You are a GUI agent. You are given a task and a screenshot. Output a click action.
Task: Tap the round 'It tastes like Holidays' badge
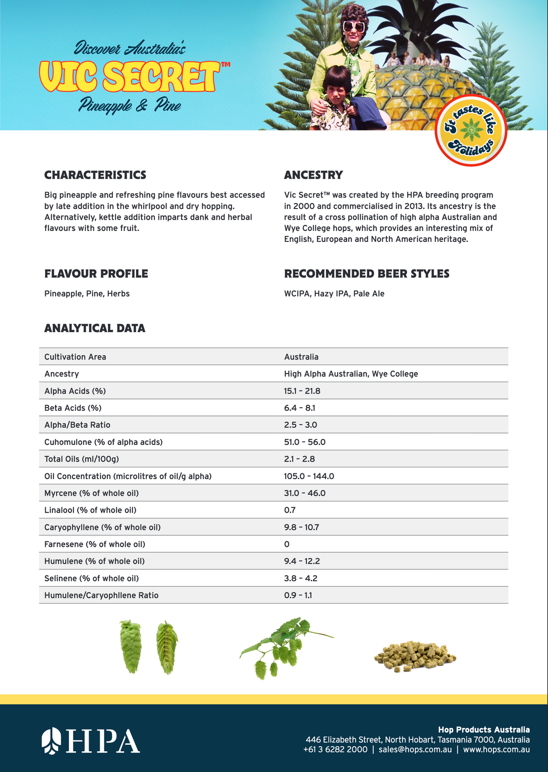pyautogui.click(x=470, y=130)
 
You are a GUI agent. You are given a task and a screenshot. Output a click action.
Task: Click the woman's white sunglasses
pyautogui.click(x=354, y=27)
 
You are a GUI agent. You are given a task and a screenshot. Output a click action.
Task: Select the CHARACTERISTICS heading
pyautogui.click(x=95, y=175)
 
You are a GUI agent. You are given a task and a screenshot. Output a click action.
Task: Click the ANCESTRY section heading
pyautogui.click(x=313, y=175)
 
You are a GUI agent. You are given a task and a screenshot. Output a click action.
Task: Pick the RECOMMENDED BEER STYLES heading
pyautogui.click(x=367, y=274)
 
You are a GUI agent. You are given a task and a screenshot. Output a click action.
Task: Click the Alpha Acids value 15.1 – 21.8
pyautogui.click(x=302, y=391)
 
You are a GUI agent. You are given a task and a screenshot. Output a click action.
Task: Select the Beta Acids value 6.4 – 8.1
pyautogui.click(x=299, y=408)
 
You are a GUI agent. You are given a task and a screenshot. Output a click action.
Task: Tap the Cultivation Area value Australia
pyautogui.click(x=301, y=357)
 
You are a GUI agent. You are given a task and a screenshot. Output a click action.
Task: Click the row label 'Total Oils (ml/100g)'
pyautogui.click(x=81, y=459)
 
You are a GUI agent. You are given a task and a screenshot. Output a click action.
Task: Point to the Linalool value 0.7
pyautogui.click(x=290, y=510)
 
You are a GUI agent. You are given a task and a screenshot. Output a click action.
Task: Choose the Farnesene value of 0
pyautogui.click(x=287, y=544)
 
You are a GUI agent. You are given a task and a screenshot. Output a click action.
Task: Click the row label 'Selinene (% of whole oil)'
pyautogui.click(x=91, y=578)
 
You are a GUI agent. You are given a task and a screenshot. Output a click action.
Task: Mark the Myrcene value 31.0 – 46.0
pyautogui.click(x=305, y=493)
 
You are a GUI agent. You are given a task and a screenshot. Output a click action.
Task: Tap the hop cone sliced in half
pyautogui.click(x=167, y=647)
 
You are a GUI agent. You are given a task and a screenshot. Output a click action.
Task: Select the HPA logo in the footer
pyautogui.click(x=91, y=741)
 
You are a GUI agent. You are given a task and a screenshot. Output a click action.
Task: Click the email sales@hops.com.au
pyautogui.click(x=415, y=749)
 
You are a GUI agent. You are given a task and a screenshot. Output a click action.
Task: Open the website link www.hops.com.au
pyautogui.click(x=496, y=749)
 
